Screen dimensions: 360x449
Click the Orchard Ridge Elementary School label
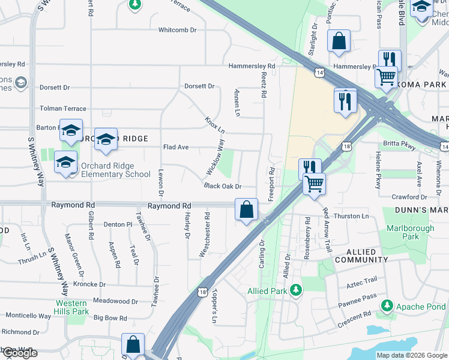tap(112, 170)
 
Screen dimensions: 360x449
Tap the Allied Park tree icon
tap(295, 291)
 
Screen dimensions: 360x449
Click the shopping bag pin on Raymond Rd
tap(247, 210)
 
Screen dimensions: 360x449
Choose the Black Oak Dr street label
tap(222, 187)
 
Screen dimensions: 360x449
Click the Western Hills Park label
tap(72, 307)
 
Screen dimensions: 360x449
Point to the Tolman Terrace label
tap(63, 109)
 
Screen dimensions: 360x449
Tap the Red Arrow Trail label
tap(327, 229)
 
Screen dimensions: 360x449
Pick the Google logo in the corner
tap(19, 353)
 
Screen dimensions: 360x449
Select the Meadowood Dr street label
tap(115, 301)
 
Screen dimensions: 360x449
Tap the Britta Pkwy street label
tap(399, 145)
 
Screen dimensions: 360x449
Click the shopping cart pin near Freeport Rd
tap(314, 184)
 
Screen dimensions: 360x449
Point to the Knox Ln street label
tap(214, 125)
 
